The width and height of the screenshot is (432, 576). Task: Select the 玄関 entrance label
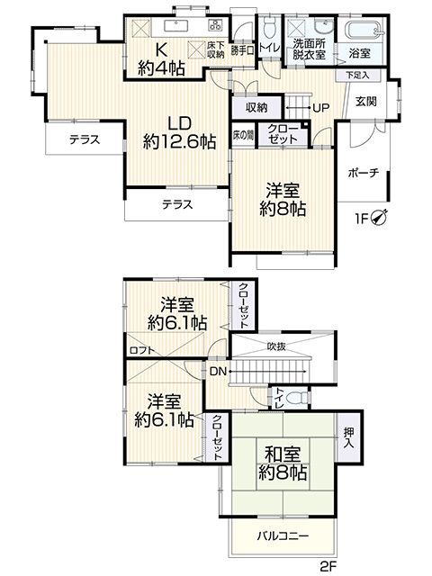tap(366, 101)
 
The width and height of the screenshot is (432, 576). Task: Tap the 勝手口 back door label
tap(241, 50)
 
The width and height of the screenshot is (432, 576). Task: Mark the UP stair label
tap(320, 108)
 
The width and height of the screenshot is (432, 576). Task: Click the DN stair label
tap(217, 371)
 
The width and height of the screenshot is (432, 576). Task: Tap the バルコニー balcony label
tap(283, 535)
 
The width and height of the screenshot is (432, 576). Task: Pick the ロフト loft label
tap(139, 350)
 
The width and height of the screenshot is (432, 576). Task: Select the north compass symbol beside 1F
tap(382, 215)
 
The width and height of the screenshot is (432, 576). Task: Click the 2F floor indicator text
tap(331, 566)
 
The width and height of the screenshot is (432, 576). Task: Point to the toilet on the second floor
tap(300, 396)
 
